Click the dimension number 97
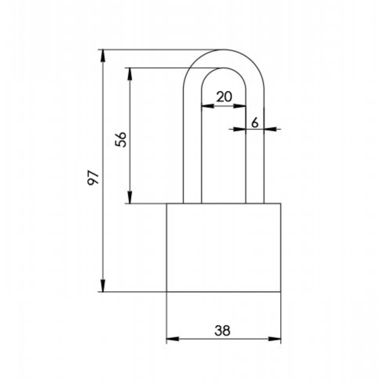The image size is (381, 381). click(x=94, y=178)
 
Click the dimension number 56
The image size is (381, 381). click(x=121, y=139)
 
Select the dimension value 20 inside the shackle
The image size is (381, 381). click(x=224, y=97)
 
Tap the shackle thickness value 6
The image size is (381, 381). click(x=255, y=122)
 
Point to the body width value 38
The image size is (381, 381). click(x=222, y=330)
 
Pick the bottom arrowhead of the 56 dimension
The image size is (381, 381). click(x=130, y=197)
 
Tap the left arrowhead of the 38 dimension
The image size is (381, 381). click(x=173, y=339)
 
